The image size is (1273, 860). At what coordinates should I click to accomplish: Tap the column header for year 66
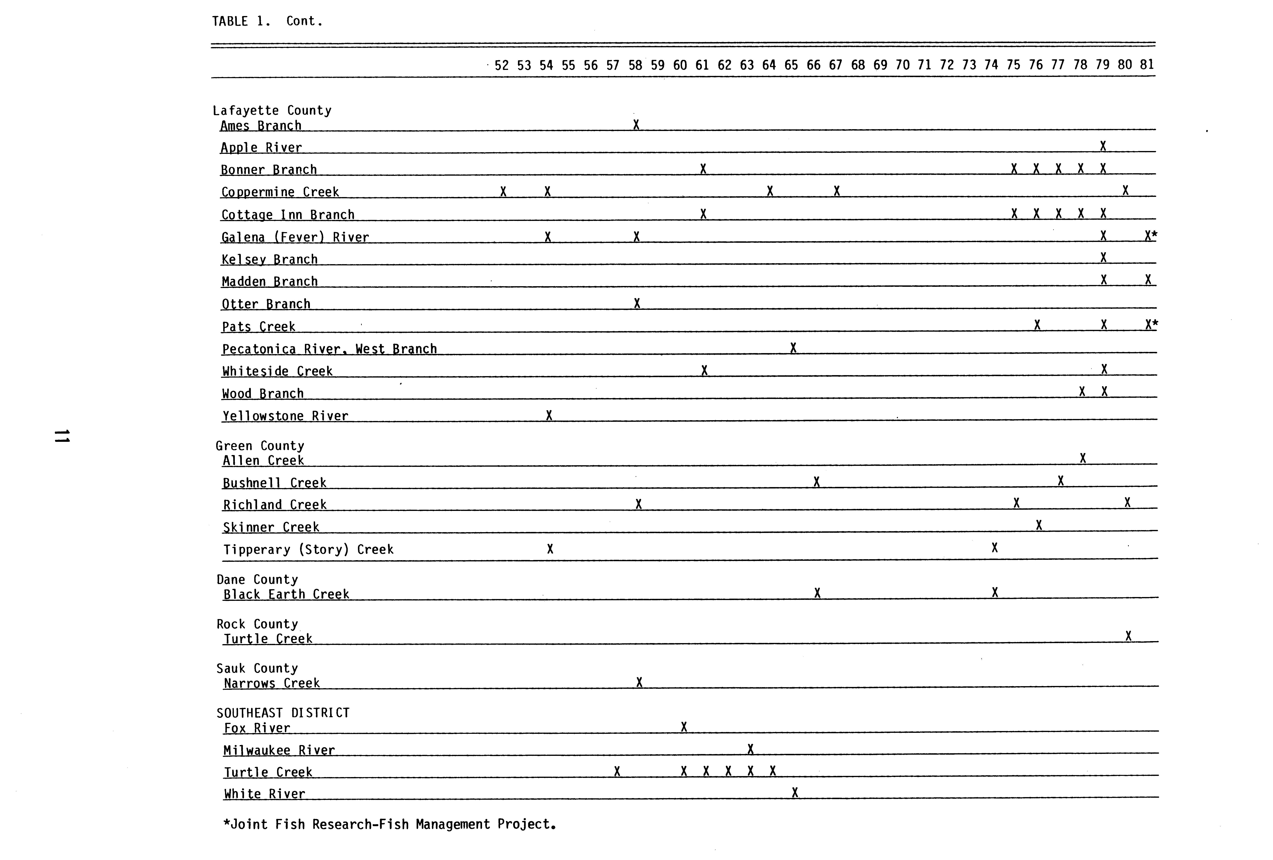[x=813, y=65]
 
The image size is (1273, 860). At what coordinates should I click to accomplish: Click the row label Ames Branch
[x=261, y=126]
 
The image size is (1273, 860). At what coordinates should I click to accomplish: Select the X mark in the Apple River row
[x=1103, y=146]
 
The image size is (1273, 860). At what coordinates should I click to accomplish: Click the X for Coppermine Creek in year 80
[x=1125, y=191]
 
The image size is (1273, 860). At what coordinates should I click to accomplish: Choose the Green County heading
[x=260, y=446]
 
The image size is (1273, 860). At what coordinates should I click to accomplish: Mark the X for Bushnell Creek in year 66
[x=816, y=482]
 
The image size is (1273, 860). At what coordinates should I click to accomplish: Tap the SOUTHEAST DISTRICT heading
[x=283, y=713]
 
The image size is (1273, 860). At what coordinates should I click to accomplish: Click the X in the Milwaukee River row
[x=751, y=749]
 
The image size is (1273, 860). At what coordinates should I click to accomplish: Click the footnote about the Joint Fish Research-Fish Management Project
[x=389, y=824]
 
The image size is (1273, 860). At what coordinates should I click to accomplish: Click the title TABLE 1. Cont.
[x=267, y=21]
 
